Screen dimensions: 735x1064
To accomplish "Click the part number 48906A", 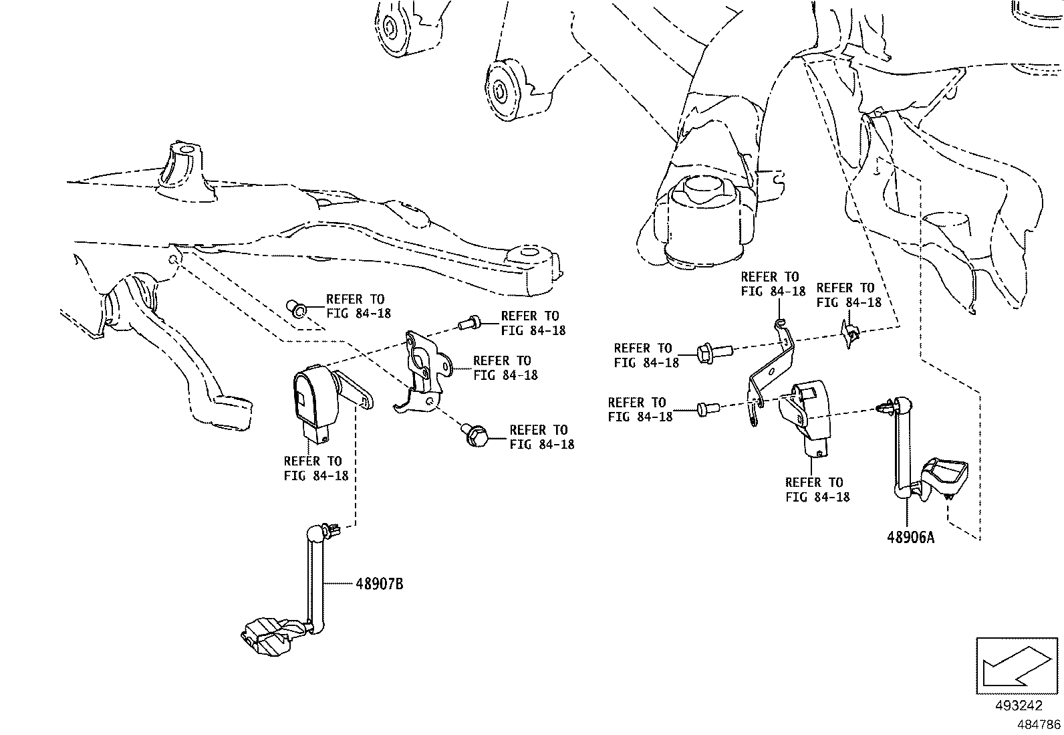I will [x=910, y=537].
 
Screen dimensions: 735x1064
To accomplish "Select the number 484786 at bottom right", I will [x=1039, y=724].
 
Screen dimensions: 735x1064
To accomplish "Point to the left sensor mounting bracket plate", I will [x=422, y=368].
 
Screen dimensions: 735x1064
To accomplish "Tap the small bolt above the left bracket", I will [x=469, y=324].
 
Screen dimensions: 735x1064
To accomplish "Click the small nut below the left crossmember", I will [x=296, y=308].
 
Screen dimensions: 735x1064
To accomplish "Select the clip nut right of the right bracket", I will [x=850, y=332].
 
